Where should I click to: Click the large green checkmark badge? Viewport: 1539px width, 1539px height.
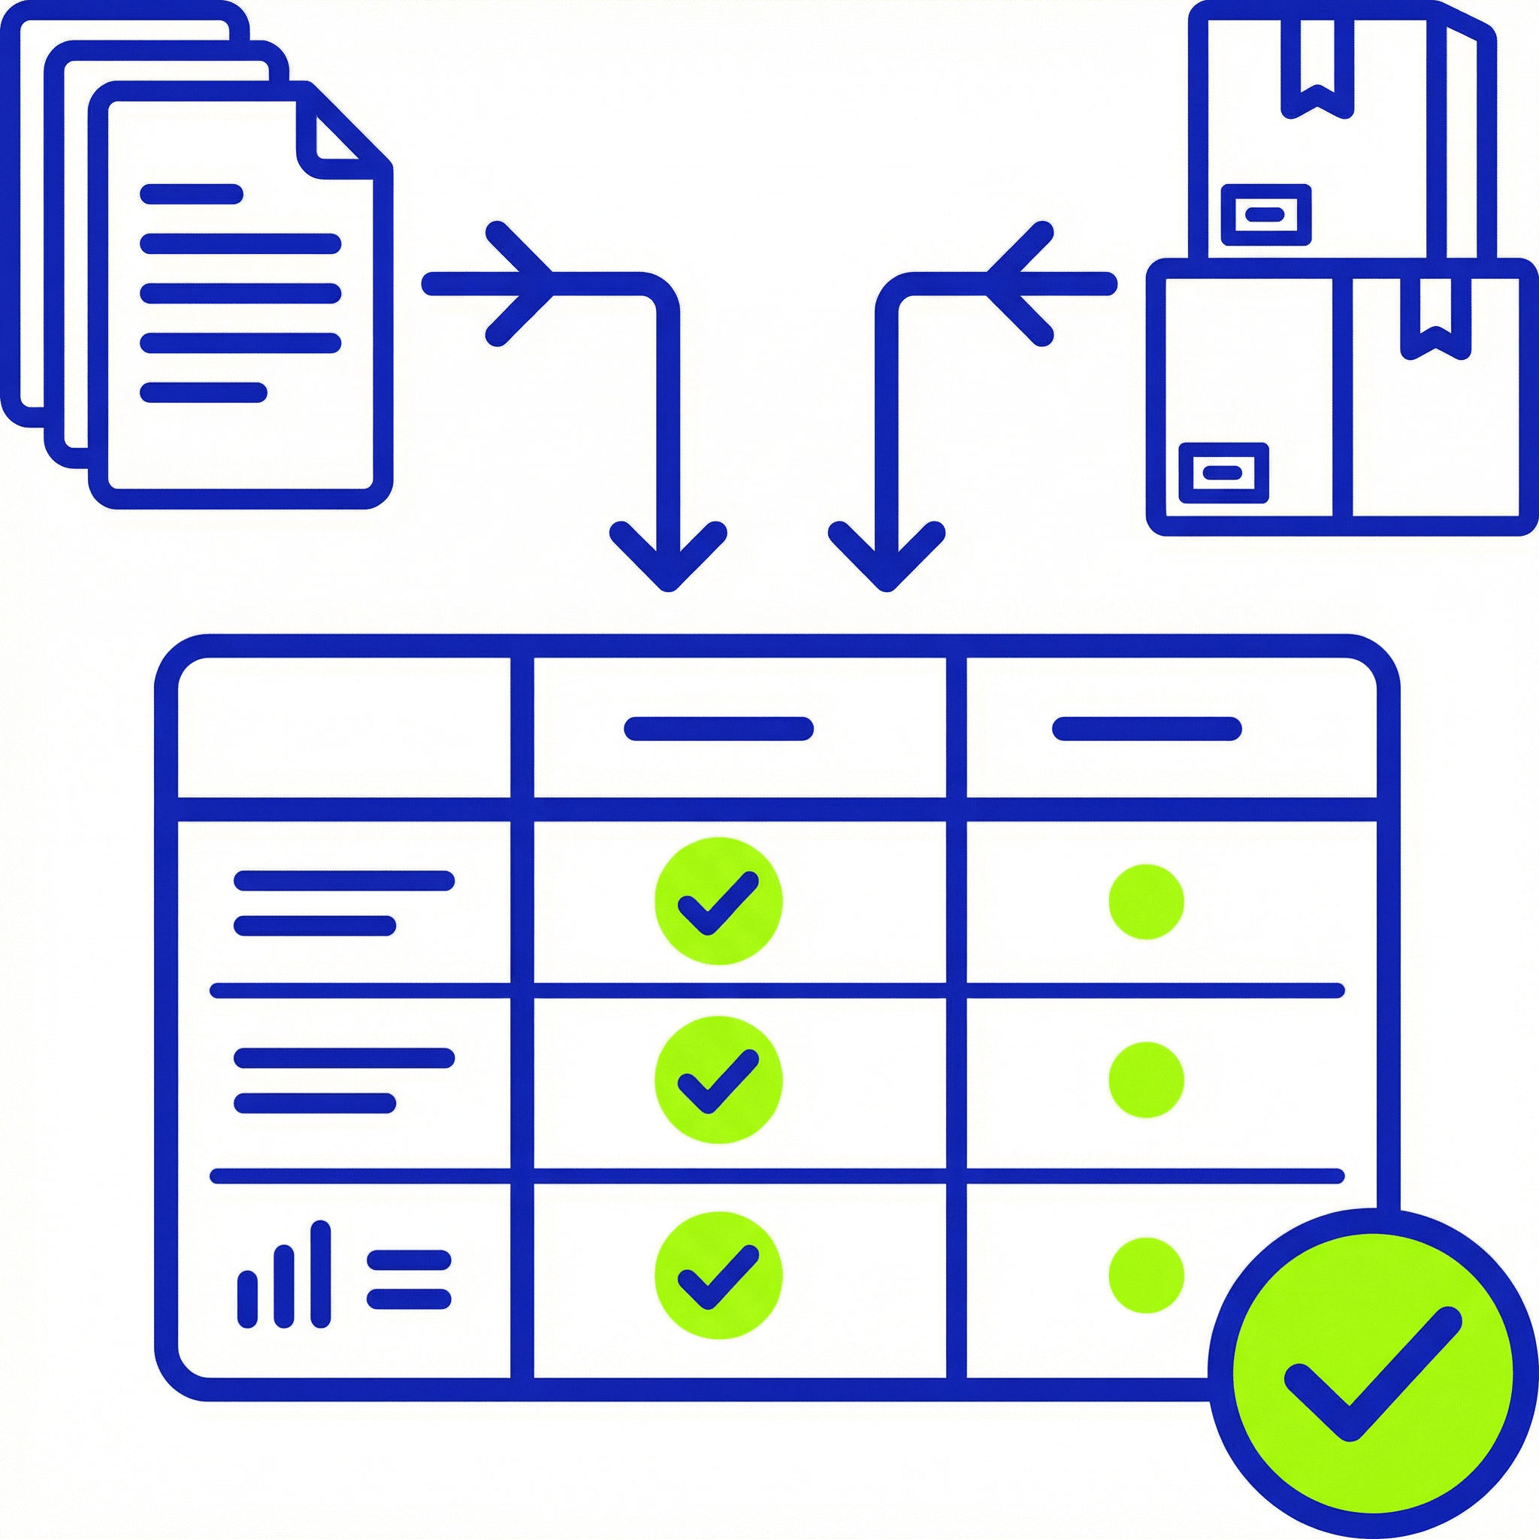tap(1371, 1372)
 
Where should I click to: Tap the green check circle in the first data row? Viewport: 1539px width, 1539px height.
tap(718, 901)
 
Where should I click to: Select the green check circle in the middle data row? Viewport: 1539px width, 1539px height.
tap(718, 1080)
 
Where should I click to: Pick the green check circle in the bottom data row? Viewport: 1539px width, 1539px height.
tap(718, 1275)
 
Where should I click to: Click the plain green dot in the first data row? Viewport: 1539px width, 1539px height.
tap(1146, 902)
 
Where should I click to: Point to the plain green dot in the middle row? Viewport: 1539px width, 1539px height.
tap(1146, 1080)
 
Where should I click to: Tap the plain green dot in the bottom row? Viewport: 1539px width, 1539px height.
tap(1146, 1275)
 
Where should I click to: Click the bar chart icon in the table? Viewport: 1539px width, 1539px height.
tap(283, 1275)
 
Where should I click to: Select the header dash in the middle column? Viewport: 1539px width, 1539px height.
tap(718, 729)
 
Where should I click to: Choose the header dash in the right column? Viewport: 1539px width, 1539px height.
tap(1147, 729)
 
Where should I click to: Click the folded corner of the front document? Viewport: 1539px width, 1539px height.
tap(334, 140)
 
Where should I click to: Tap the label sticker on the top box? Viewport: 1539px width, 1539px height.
tap(1265, 214)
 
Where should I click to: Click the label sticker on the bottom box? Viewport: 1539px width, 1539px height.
tap(1223, 473)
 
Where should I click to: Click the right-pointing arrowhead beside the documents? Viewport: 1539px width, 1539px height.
tap(522, 283)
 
